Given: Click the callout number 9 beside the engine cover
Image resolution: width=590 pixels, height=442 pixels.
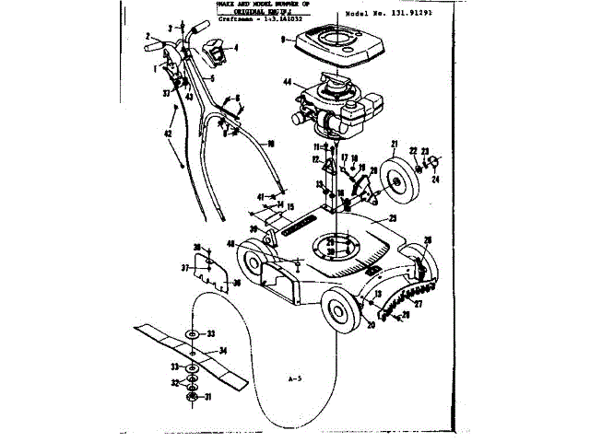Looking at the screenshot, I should click(x=283, y=40).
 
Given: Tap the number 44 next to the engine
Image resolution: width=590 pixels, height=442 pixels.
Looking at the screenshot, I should click(x=288, y=83).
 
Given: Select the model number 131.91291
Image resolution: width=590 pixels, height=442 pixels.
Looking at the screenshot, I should click(x=408, y=16).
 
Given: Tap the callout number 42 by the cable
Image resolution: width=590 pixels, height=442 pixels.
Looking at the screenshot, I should click(x=168, y=134).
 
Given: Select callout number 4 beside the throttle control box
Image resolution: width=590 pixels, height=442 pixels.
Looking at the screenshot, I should click(x=236, y=47).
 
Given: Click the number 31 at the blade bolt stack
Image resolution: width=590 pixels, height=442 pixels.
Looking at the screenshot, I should click(x=208, y=397).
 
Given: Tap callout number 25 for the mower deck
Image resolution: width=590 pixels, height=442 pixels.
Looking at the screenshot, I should click(x=392, y=218).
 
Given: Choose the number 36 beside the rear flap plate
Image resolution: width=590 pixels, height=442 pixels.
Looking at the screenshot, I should click(x=238, y=282).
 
